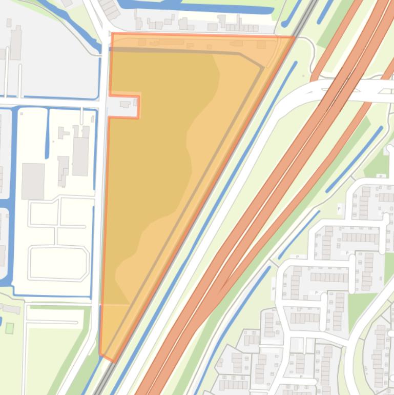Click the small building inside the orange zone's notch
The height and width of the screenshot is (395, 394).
tap(125, 105)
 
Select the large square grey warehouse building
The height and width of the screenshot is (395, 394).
tap(33, 181)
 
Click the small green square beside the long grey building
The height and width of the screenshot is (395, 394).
tap(9, 328)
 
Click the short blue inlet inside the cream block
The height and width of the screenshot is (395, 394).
tap(48, 133)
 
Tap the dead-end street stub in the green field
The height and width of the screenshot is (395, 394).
tap(51, 322)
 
